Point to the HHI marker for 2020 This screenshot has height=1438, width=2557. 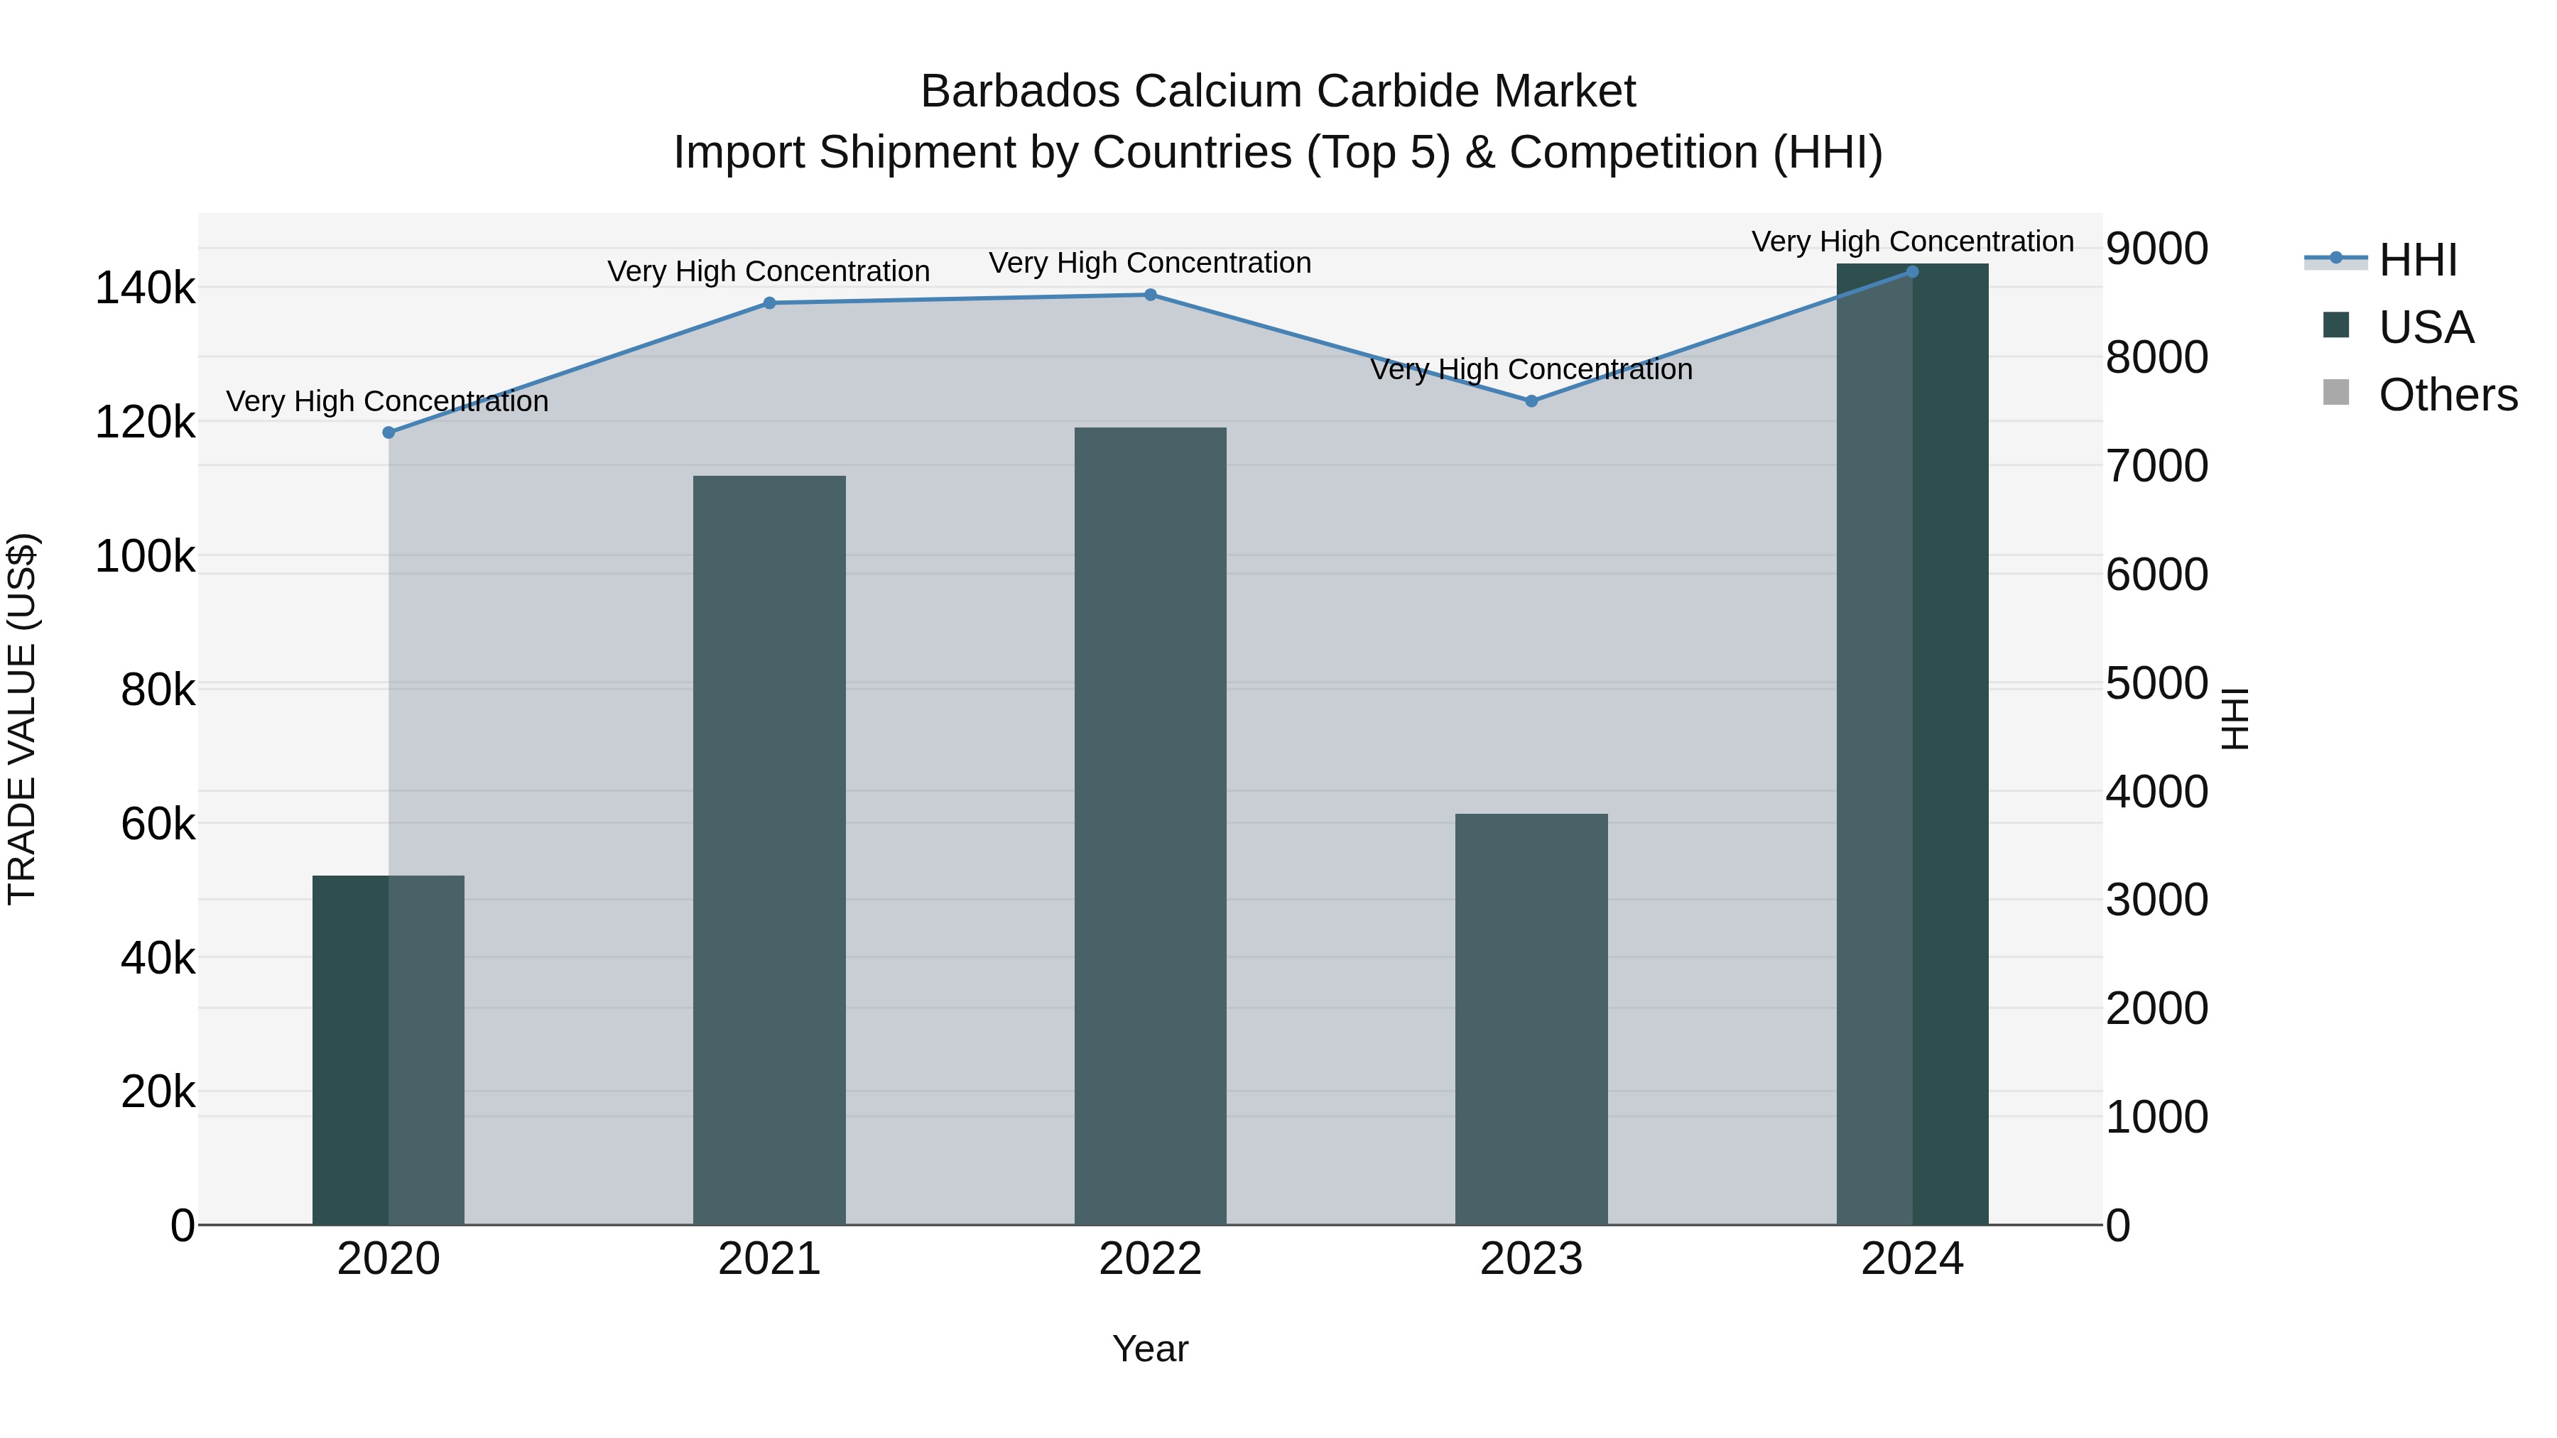[x=388, y=432]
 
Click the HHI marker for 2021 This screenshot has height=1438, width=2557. [x=769, y=303]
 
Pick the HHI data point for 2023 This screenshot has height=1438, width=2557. [x=1531, y=401]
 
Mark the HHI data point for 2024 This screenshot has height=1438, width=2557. [x=1912, y=272]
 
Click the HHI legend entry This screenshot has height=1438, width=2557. [x=2417, y=260]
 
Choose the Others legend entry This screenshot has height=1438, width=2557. [x=2447, y=395]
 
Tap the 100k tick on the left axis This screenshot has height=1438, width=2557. [x=145, y=557]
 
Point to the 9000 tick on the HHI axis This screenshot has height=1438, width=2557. [x=2157, y=249]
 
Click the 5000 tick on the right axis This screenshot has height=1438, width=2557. [x=2157, y=684]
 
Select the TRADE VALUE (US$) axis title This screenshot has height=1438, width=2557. [x=22, y=719]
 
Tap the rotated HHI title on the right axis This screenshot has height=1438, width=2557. [x=2235, y=719]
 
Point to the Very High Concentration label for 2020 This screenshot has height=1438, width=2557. [x=387, y=401]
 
